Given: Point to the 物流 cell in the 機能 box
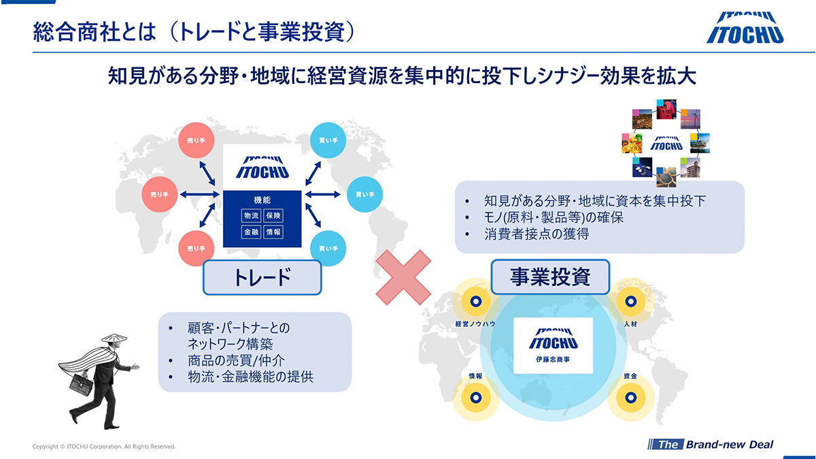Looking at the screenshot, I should [251, 216].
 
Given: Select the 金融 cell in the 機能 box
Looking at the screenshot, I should [251, 232].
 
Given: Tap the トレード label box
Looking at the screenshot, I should [262, 277].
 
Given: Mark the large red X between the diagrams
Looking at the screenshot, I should [403, 279].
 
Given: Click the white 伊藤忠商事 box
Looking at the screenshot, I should [553, 345].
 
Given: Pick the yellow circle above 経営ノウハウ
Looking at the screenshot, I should [476, 300].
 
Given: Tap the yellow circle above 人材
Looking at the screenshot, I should [629, 300].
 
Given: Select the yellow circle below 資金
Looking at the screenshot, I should [629, 396].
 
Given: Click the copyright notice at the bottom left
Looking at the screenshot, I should [104, 447].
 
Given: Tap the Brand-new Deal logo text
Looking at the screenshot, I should [729, 445].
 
